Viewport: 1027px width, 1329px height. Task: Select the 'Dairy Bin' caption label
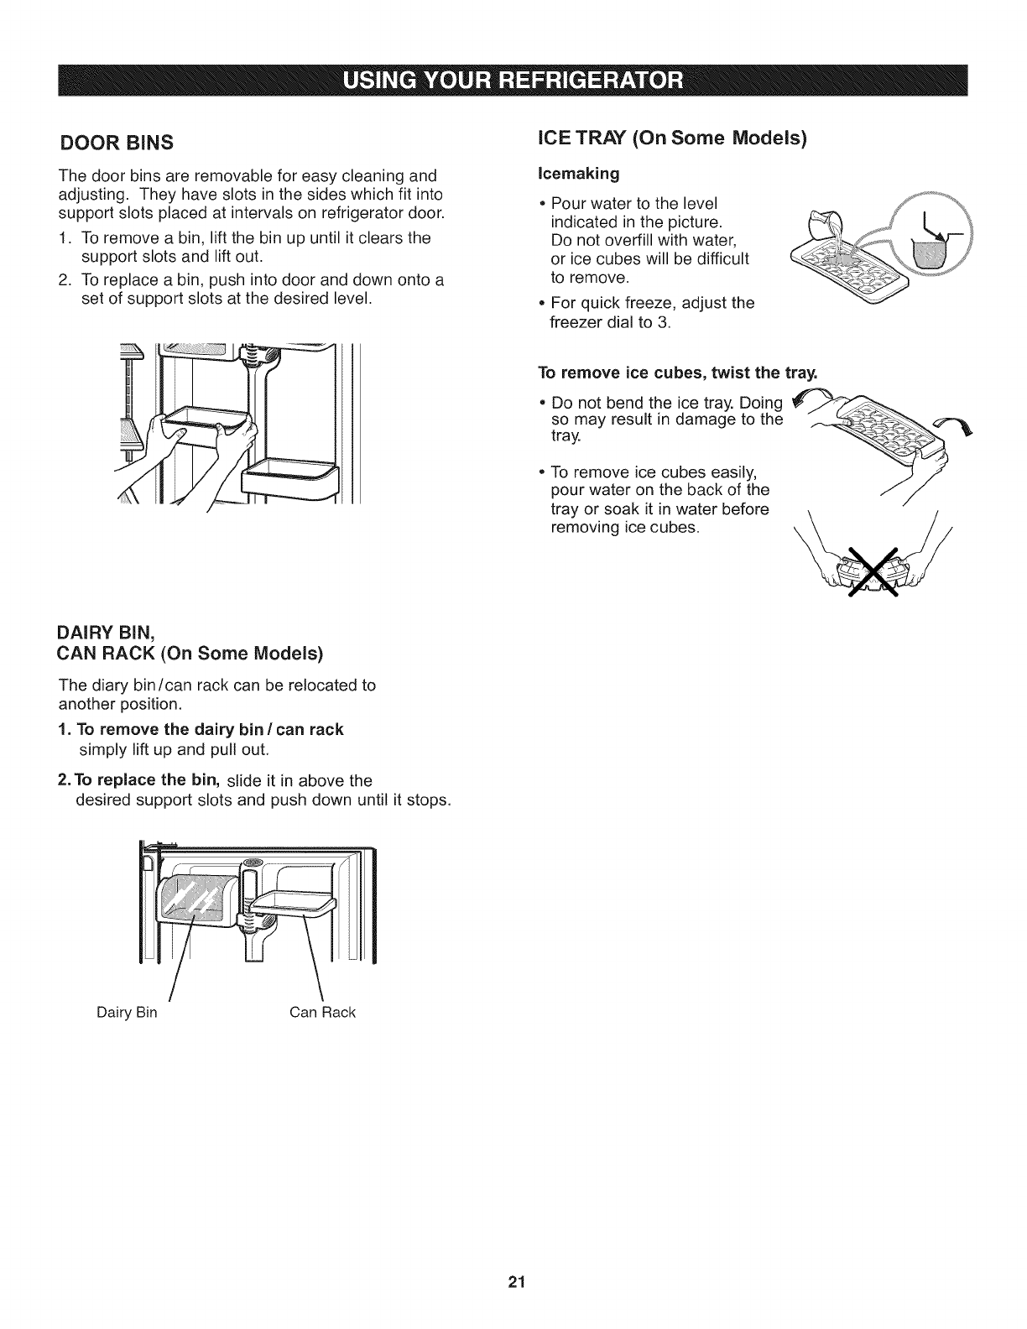click(127, 1013)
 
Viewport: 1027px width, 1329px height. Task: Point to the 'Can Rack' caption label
click(322, 1013)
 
